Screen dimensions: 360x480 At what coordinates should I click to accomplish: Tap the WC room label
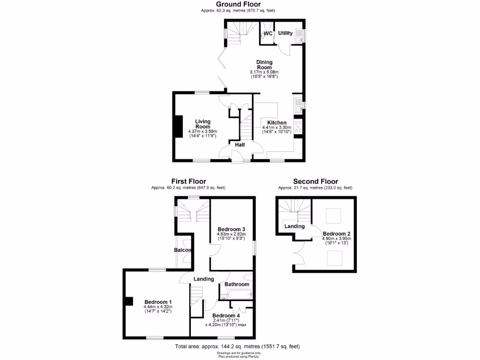click(x=268, y=34)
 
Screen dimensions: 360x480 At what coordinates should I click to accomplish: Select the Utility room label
click(x=285, y=33)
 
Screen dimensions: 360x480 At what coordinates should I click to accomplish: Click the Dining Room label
click(x=264, y=65)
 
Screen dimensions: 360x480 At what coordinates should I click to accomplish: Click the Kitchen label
click(x=277, y=123)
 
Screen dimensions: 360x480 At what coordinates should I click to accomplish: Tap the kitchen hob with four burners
click(x=298, y=127)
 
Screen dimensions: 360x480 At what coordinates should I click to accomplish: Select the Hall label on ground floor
click(x=240, y=145)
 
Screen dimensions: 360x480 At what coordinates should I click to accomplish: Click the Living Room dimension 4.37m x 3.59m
click(x=202, y=131)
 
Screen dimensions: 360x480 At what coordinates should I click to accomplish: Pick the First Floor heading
click(x=188, y=181)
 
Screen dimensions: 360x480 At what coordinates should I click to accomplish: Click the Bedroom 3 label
click(x=231, y=229)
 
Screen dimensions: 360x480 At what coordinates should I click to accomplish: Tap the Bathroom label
click(x=237, y=284)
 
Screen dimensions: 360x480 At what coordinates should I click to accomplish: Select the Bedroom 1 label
click(x=157, y=301)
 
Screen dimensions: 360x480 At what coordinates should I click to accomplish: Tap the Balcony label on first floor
click(x=183, y=250)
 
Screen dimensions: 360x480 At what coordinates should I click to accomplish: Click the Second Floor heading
click(x=315, y=181)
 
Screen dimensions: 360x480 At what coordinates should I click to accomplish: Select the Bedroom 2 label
click(x=337, y=233)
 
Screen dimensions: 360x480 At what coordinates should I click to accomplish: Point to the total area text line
click(x=237, y=346)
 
